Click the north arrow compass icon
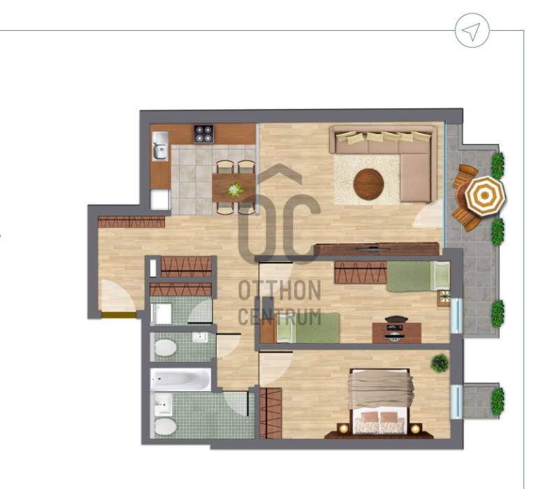[x=472, y=30]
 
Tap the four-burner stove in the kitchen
[x=203, y=134]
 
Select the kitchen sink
[x=161, y=146]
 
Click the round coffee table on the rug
[x=369, y=184]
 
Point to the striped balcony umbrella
[x=485, y=196]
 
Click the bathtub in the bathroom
[x=181, y=379]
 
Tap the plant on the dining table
[x=235, y=190]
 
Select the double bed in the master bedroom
[x=379, y=401]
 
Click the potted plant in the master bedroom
[x=440, y=363]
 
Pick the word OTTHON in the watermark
[x=279, y=290]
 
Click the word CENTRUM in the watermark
[x=279, y=316]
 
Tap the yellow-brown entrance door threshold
[x=119, y=315]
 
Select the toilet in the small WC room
[x=166, y=348]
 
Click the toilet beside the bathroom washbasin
[x=166, y=426]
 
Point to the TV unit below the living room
[x=377, y=249]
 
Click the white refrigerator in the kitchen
[x=159, y=200]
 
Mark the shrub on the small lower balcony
[x=498, y=401]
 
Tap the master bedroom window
[x=457, y=402]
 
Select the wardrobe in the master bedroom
[x=270, y=414]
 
